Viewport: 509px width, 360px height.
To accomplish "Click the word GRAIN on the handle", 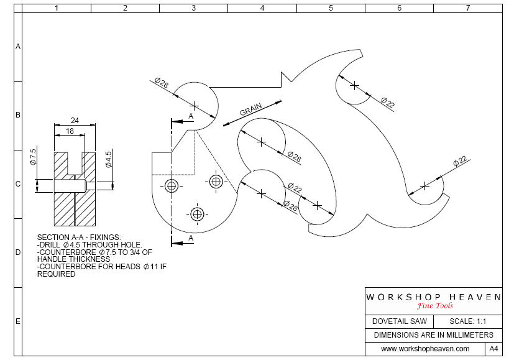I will (x=251, y=110).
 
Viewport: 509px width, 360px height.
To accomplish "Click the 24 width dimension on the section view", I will (x=75, y=121).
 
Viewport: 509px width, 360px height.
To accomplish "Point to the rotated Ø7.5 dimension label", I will (x=34, y=157).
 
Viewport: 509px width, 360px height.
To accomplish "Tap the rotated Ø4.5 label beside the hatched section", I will (x=108, y=159).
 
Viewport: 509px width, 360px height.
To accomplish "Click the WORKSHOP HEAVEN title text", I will (x=433, y=297).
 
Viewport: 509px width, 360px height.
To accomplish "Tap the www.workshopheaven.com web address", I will (x=425, y=349).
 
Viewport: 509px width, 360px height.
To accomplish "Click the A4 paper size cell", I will (x=494, y=349).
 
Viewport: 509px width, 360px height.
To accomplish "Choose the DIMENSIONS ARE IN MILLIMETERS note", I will (x=433, y=335).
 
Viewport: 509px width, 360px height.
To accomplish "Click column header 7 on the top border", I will (x=467, y=9).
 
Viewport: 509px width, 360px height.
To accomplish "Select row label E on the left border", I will (x=18, y=321).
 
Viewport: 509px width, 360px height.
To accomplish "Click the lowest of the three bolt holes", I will (x=198, y=215).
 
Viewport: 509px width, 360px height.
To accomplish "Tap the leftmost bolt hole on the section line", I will (x=172, y=186).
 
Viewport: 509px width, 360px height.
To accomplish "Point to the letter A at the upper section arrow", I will (x=191, y=116).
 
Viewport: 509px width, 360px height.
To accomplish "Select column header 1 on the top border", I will (x=57, y=9).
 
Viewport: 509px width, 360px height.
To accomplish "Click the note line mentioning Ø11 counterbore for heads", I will (x=102, y=267).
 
